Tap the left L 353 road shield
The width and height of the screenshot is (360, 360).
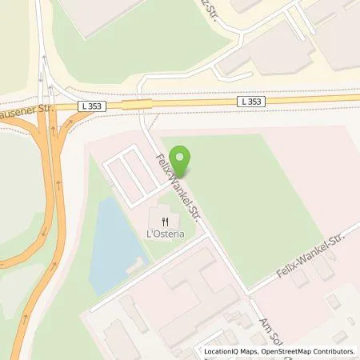(x=90, y=104)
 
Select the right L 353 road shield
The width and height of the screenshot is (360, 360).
(x=250, y=102)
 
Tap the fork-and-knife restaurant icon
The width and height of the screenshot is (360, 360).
(x=165, y=222)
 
